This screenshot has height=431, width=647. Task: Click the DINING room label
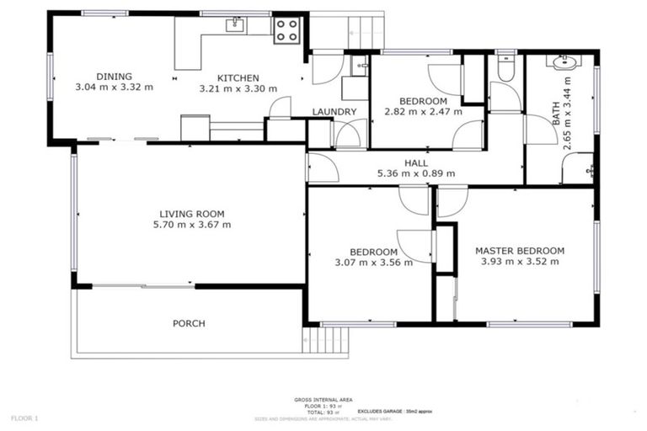click(114, 76)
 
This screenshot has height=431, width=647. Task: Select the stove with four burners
click(286, 31)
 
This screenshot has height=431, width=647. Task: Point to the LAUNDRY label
click(334, 112)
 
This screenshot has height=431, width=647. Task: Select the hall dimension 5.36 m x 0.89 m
click(415, 174)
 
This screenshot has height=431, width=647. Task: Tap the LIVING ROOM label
click(192, 214)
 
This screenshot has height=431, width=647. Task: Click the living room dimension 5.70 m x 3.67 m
click(192, 225)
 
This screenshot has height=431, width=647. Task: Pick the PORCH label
click(189, 323)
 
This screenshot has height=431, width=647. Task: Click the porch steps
click(314, 340)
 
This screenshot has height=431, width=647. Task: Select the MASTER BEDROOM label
click(519, 250)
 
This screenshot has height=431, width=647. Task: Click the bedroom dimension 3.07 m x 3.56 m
click(373, 262)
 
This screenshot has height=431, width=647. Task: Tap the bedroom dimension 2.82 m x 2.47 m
click(423, 111)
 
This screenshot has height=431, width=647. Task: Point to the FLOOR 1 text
click(24, 418)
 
